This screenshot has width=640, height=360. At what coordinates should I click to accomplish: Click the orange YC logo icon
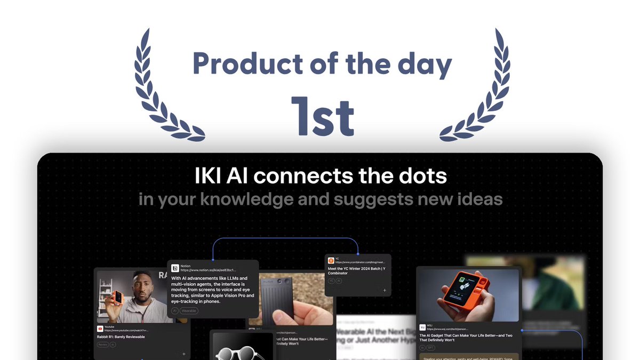click(x=331, y=260)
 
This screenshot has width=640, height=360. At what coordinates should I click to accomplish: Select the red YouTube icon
click(x=100, y=329)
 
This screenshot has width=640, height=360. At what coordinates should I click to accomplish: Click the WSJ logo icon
click(x=422, y=327)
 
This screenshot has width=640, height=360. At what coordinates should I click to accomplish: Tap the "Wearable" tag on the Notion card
click(x=189, y=310)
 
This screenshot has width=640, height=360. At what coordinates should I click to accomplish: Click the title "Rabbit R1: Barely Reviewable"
click(x=121, y=337)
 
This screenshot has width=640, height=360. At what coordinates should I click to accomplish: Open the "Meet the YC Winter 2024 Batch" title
click(x=356, y=270)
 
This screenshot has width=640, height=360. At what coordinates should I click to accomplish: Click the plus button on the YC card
click(x=384, y=290)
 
